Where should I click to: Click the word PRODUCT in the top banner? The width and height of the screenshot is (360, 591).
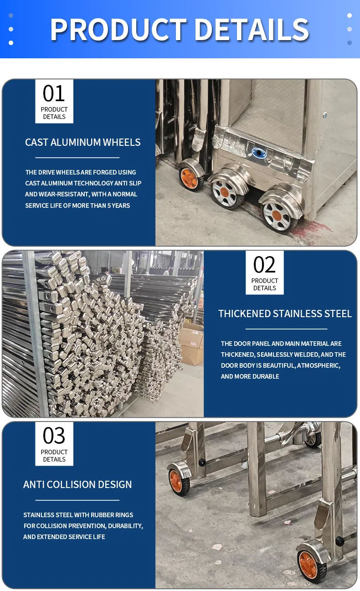pyautogui.click(x=118, y=30)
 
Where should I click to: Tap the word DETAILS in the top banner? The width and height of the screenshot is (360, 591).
pyautogui.click(x=252, y=30)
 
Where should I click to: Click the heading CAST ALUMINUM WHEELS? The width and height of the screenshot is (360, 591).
pyautogui.click(x=83, y=142)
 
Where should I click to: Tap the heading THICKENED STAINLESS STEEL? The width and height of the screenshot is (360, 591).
pyautogui.click(x=285, y=313)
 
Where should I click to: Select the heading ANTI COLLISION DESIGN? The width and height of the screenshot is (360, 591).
pyautogui.click(x=77, y=484)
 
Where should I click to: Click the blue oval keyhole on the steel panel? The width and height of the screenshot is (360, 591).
pyautogui.click(x=260, y=154)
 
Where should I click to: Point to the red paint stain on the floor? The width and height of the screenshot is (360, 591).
pyautogui.click(x=314, y=230)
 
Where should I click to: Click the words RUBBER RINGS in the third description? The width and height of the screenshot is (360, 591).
pyautogui.click(x=112, y=515)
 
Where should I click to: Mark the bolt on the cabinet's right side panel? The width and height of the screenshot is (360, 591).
pyautogui.click(x=325, y=115)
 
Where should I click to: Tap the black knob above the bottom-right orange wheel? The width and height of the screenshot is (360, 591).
pyautogui.click(x=339, y=541)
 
